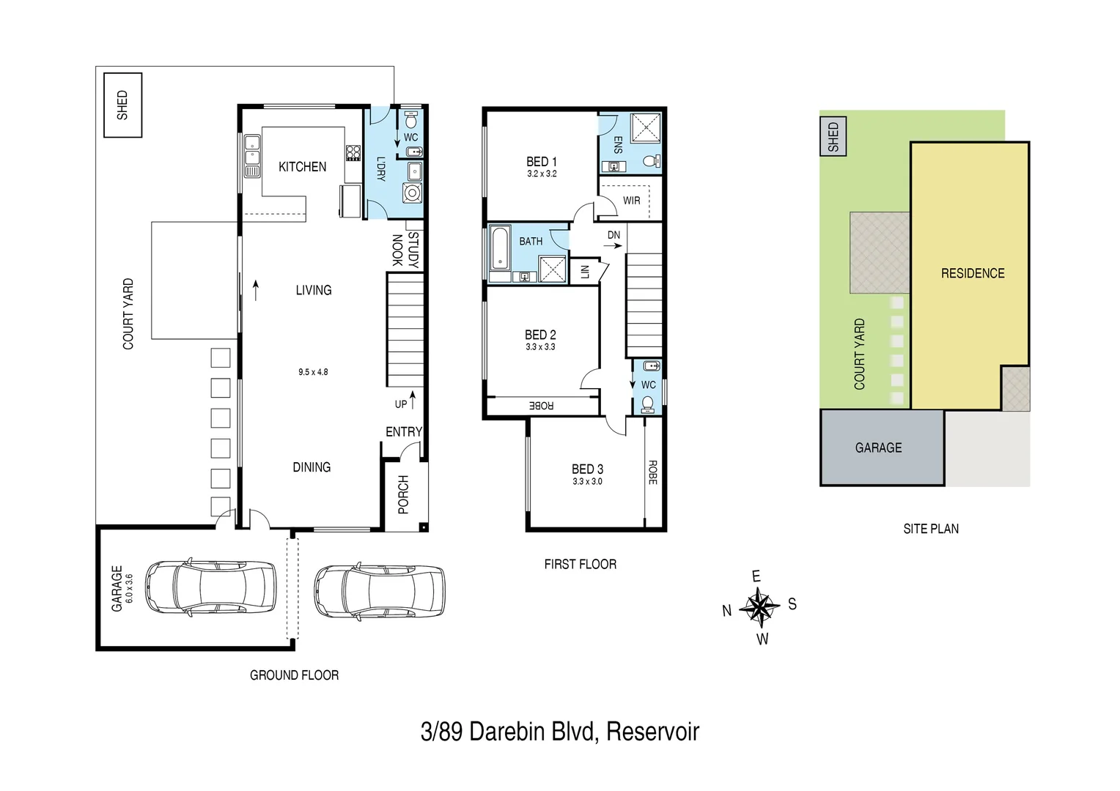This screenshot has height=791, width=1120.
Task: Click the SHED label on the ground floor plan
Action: pyautogui.click(x=122, y=105)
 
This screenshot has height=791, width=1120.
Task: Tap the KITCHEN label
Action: pyautogui.click(x=302, y=167)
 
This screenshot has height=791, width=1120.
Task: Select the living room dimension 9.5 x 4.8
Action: pyautogui.click(x=313, y=372)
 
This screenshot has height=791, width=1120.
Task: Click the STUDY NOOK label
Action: pyautogui.click(x=405, y=250)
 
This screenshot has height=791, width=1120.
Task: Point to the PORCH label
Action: pyautogui.click(x=403, y=494)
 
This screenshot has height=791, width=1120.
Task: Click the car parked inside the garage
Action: pyautogui.click(x=210, y=587)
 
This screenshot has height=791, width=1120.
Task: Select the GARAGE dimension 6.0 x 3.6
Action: pyautogui.click(x=130, y=588)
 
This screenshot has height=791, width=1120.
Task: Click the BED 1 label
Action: pyautogui.click(x=542, y=162)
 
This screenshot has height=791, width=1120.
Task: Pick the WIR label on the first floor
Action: pyautogui.click(x=631, y=201)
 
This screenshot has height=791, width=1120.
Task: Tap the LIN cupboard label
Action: pyautogui.click(x=584, y=272)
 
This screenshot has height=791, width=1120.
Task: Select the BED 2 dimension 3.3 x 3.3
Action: pyautogui.click(x=540, y=347)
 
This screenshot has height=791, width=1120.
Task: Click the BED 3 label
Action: pyautogui.click(x=587, y=469)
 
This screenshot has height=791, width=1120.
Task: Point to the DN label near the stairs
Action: pyautogui.click(x=614, y=235)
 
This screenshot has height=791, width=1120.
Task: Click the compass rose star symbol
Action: pyautogui.click(x=760, y=607)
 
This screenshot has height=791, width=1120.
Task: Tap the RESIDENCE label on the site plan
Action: pyautogui.click(x=972, y=273)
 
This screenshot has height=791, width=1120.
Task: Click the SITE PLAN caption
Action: pyautogui.click(x=930, y=529)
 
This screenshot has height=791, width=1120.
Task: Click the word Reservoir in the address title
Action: pyautogui.click(x=652, y=732)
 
